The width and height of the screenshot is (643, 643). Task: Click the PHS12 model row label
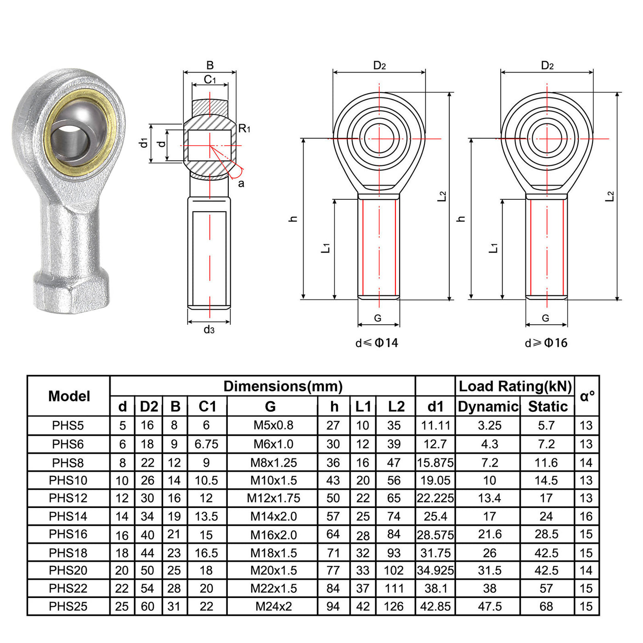pyautogui.click(x=68, y=498)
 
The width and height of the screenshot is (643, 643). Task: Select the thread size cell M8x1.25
pyautogui.click(x=274, y=463)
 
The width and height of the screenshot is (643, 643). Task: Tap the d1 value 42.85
pyautogui.click(x=435, y=606)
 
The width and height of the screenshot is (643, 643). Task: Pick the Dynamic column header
pyautogui.click(x=488, y=406)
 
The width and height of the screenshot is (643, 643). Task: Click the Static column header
pyautogui.click(x=548, y=406)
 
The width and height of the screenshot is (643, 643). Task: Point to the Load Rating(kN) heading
pyautogui.click(x=515, y=386)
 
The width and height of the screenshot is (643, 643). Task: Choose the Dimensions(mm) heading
pyautogui.click(x=283, y=386)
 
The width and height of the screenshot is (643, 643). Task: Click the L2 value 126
pyautogui.click(x=394, y=606)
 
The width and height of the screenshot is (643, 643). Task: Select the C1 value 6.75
pyautogui.click(x=206, y=444)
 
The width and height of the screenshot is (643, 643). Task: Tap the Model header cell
pyautogui.click(x=69, y=396)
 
